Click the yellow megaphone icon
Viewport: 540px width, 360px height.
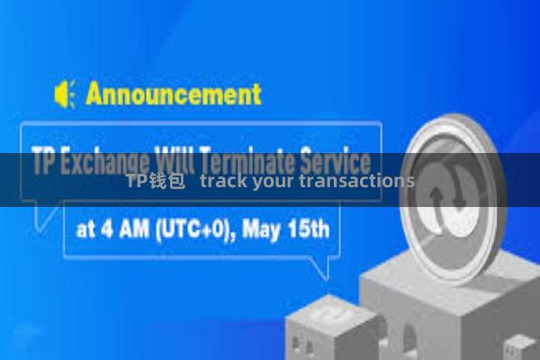[64, 94]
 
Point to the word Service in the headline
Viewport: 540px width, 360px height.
[338, 163]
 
